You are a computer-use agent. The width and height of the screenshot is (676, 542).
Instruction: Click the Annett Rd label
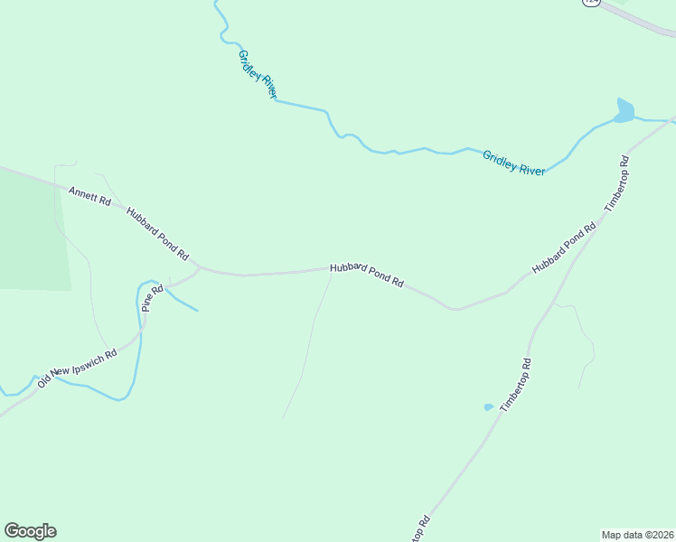89,194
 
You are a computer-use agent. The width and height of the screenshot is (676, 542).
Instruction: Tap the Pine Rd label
152,298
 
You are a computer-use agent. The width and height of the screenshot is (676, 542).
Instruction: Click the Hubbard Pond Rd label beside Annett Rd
157,231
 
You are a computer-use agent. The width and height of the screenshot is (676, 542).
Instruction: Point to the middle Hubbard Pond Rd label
366,275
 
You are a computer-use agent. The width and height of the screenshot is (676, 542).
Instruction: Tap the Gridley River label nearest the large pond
513,163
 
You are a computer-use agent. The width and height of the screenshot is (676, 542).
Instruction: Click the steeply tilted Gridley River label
257,74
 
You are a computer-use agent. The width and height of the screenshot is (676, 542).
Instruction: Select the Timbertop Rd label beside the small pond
515,385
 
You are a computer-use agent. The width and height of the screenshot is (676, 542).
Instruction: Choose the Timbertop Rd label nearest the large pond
616,184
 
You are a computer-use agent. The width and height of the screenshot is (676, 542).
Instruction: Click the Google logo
30,531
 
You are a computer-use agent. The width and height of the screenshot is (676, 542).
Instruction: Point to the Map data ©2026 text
637,534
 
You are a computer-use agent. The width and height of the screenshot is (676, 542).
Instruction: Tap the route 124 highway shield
591,3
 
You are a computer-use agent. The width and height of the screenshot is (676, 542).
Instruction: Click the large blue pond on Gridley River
624,111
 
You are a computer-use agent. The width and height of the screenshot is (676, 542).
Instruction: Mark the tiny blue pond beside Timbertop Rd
488,407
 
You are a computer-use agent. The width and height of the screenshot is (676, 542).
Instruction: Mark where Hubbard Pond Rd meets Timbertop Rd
600,219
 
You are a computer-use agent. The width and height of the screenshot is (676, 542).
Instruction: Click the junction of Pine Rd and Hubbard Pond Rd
199,267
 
